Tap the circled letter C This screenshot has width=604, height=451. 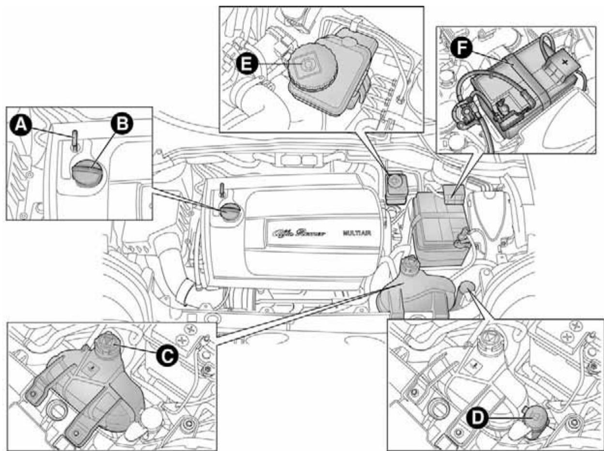pyautogui.click(x=166, y=355)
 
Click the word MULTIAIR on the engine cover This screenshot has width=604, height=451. pyautogui.click(x=358, y=233)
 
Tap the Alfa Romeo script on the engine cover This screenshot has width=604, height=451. pyautogui.click(x=299, y=233)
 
